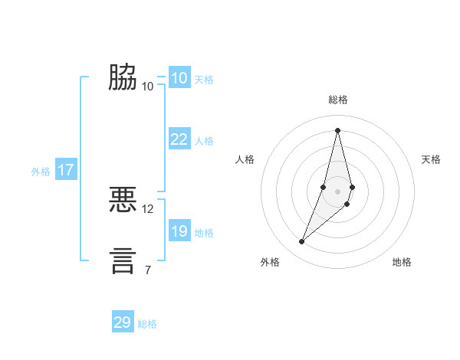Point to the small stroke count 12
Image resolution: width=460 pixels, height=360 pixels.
point(148,208)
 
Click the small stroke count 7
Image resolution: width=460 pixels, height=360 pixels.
point(148,269)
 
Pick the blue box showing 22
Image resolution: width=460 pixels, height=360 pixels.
point(179,139)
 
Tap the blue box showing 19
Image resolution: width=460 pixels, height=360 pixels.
point(179,231)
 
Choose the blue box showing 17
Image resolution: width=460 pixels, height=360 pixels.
point(66,170)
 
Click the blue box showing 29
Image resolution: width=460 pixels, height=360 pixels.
point(123,322)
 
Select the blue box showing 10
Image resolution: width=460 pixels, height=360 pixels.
point(179,78)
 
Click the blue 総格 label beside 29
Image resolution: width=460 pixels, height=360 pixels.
point(147,324)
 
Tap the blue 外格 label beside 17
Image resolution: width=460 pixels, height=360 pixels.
point(41,172)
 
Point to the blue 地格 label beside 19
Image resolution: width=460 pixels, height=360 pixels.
point(204,233)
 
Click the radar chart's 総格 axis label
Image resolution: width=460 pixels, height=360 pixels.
point(337,100)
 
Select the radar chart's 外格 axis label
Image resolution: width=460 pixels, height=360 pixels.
point(270,262)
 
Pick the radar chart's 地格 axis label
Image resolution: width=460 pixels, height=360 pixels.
point(402,262)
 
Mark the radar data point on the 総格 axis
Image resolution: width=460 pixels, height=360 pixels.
point(337,129)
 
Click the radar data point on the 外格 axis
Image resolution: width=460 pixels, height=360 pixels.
point(301,242)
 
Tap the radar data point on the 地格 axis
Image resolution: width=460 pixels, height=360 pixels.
point(347,204)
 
